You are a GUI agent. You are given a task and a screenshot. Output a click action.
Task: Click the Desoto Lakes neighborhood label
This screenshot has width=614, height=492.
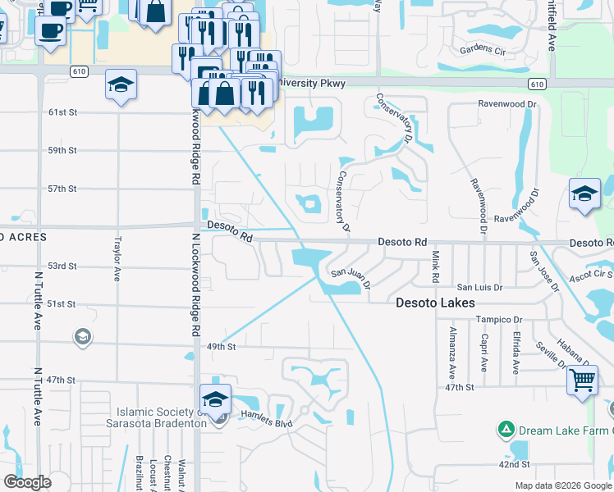pyautogui.click(x=435, y=303)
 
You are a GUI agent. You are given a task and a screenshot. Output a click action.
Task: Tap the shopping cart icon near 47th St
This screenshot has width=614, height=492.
pyautogui.click(x=582, y=380)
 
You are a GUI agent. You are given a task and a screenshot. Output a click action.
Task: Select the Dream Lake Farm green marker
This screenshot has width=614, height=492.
pyautogui.click(x=506, y=429)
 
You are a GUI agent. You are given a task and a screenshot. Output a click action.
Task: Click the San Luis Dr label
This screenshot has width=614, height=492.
pyautogui.click(x=479, y=288)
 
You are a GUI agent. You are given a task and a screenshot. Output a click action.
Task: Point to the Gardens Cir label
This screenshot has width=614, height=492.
pyautogui.click(x=483, y=50)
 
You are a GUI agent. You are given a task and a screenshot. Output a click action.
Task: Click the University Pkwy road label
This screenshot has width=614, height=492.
pyautogui.click(x=314, y=84)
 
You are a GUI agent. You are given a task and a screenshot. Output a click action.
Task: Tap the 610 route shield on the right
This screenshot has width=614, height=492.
pyautogui.click(x=536, y=84)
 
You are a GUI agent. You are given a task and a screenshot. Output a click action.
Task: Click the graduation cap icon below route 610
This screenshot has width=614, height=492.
pyautogui.click(x=121, y=84)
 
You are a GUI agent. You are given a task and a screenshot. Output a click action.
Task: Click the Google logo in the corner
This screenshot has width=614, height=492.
pyautogui.click(x=27, y=481)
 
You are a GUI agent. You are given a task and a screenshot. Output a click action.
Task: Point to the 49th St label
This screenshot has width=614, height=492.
pyautogui.click(x=221, y=347)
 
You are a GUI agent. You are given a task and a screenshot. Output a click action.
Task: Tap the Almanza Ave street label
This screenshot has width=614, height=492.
pyautogui.click(x=451, y=352)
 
